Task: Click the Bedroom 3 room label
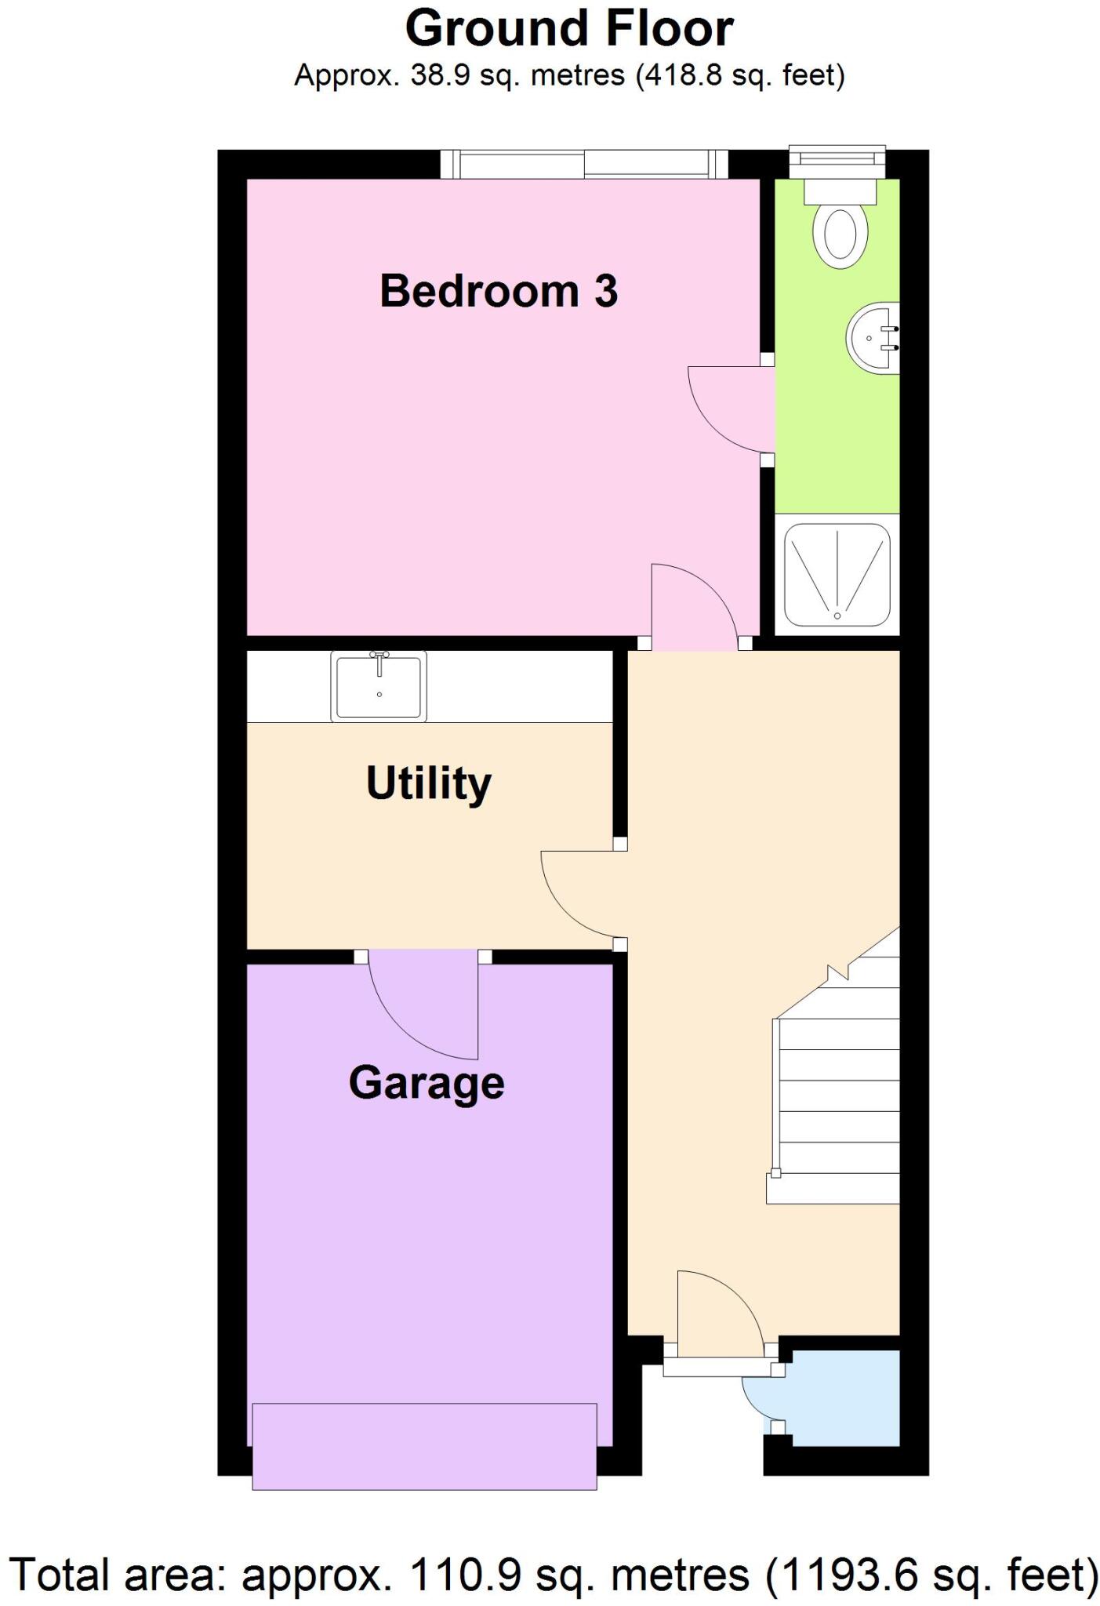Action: click(x=499, y=291)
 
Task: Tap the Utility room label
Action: click(x=428, y=783)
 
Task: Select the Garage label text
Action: click(x=426, y=1084)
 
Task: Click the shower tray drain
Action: click(x=837, y=616)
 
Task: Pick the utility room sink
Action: click(x=379, y=686)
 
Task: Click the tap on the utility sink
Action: click(x=379, y=660)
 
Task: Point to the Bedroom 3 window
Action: click(x=583, y=165)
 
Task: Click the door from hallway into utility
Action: click(x=580, y=894)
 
